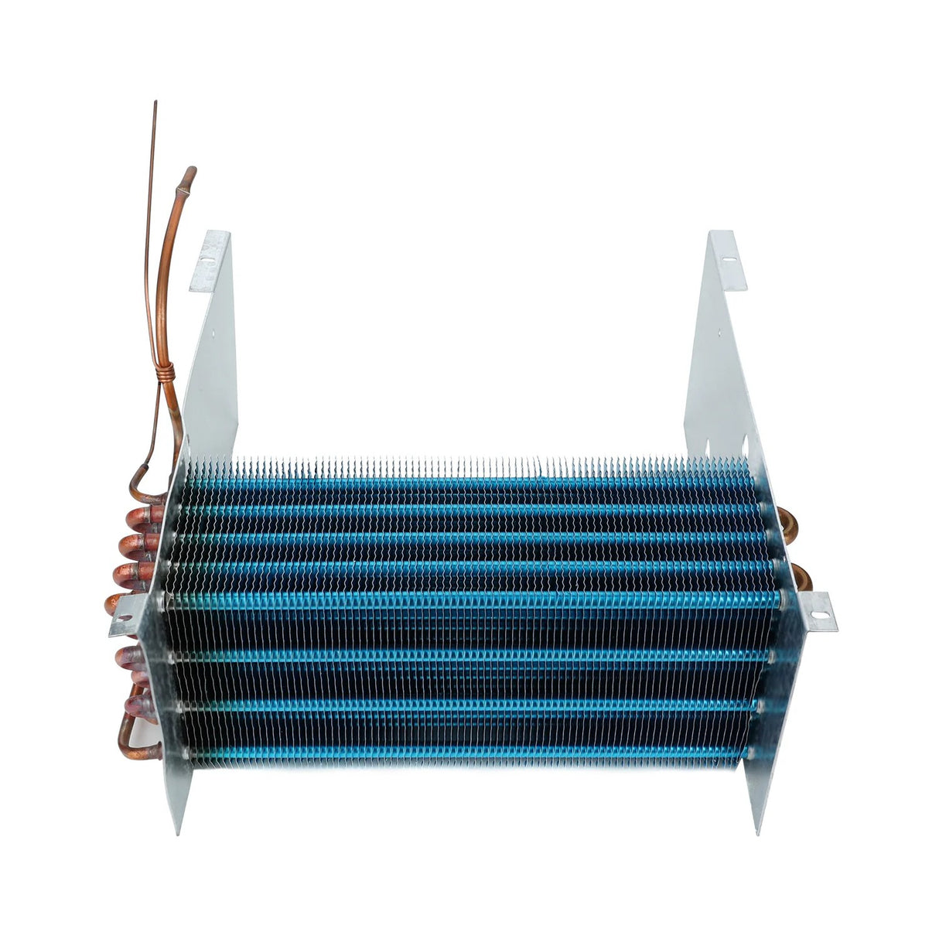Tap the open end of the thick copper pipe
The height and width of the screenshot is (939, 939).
(x=190, y=171)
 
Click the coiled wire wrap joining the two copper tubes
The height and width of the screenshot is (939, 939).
(x=165, y=374)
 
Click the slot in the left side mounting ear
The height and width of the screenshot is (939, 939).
(x=122, y=619)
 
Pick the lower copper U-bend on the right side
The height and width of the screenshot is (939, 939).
(x=797, y=576)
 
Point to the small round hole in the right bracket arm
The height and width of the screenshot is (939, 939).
(x=719, y=334)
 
